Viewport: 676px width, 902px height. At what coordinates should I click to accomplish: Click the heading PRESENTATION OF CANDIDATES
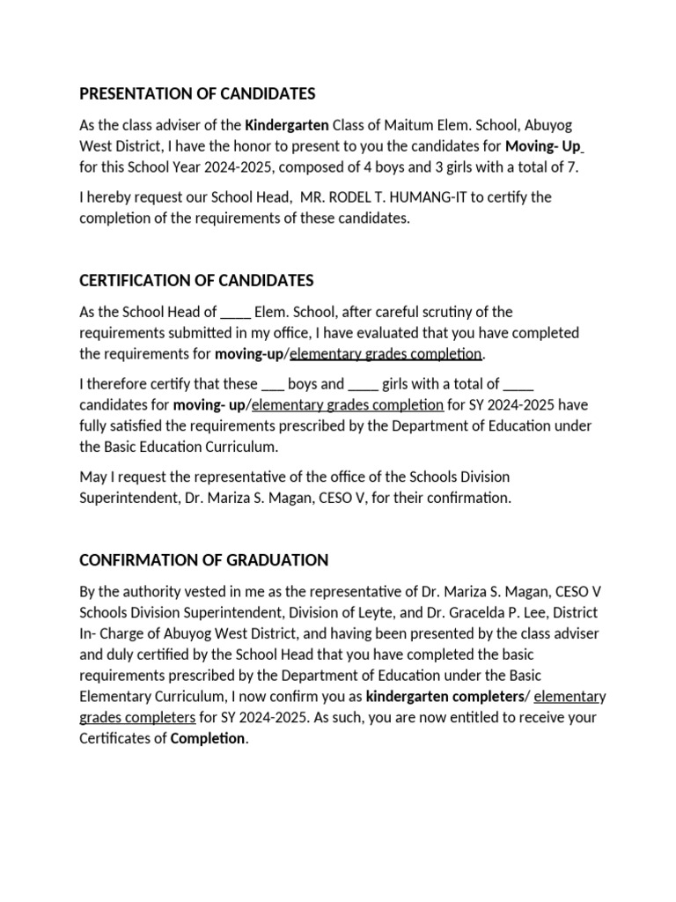pos(197,93)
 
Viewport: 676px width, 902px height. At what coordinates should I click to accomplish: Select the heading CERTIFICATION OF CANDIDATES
pos(196,280)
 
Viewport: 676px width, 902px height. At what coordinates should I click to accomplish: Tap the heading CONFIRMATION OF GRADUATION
pos(203,560)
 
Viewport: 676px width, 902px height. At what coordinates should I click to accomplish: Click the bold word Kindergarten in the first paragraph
pos(287,125)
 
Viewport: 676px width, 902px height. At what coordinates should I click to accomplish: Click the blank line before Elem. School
pos(236,312)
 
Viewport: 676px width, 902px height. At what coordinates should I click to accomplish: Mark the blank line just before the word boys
pos(272,385)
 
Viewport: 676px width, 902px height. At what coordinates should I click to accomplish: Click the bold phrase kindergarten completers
pos(444,697)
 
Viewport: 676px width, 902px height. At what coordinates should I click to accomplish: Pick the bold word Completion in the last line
pos(208,738)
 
